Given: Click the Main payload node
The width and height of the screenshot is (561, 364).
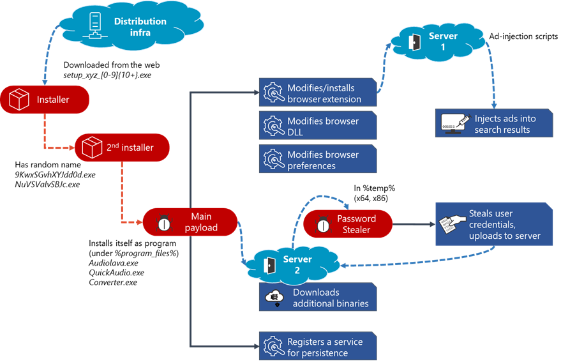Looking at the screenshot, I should (190, 222).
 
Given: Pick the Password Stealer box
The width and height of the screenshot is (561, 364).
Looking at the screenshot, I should (347, 224).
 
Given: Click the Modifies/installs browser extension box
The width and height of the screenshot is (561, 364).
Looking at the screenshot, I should (316, 93).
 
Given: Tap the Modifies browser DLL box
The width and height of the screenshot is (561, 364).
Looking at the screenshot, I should (316, 126).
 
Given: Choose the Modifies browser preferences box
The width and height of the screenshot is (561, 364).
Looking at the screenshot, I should (316, 160).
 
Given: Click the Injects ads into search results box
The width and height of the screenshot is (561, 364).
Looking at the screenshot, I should (493, 124).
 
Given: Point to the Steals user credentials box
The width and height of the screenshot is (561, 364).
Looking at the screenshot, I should (493, 224).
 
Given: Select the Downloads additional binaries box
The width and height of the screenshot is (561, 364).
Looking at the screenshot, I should (316, 298).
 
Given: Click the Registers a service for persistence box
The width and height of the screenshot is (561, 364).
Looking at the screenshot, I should (316, 347).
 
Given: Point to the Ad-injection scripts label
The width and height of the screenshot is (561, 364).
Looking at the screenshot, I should (523, 36).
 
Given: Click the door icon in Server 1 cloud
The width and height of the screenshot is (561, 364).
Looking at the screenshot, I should (414, 42).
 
